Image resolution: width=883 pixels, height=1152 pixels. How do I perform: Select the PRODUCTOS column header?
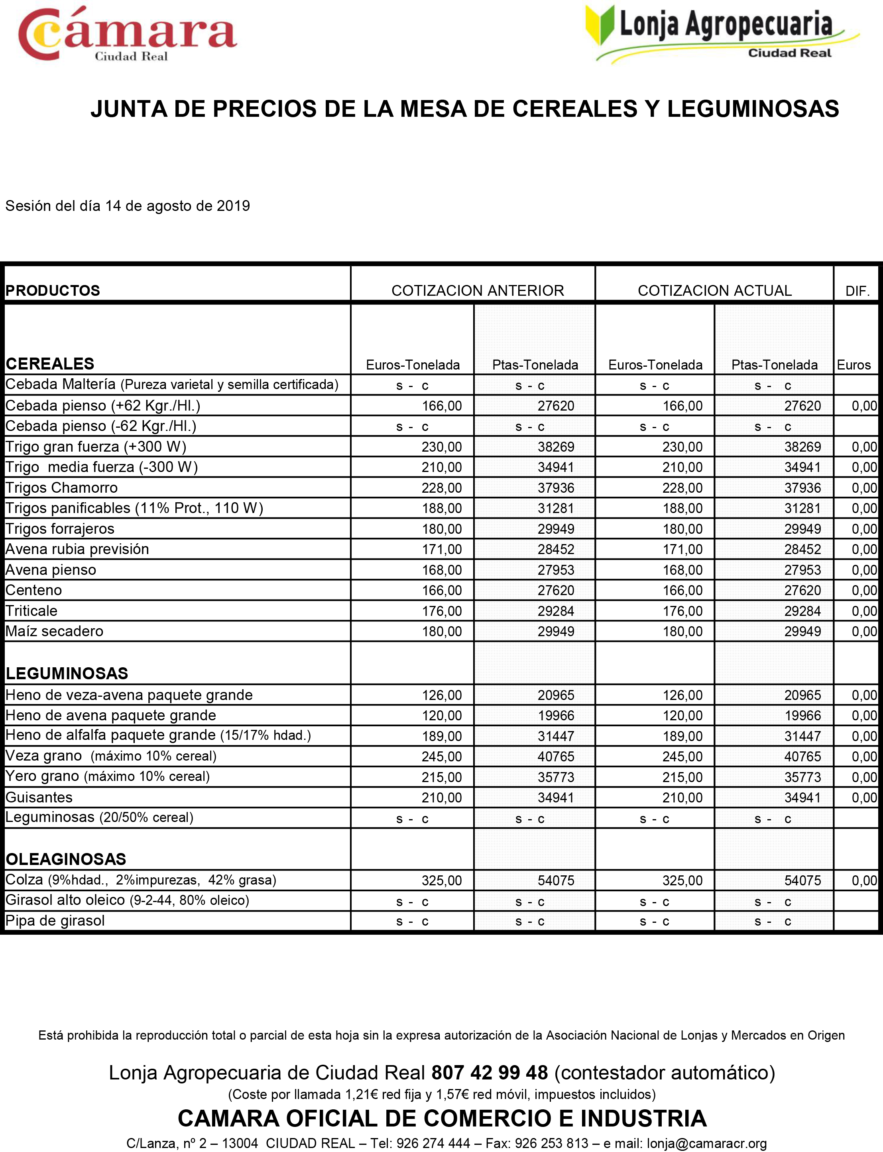coord(53,291)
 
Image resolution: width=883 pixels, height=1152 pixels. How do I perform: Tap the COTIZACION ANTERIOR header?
coord(477,291)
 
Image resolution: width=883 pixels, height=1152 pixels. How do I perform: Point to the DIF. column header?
coord(857,291)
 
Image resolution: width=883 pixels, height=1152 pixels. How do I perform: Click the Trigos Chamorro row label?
coord(61,488)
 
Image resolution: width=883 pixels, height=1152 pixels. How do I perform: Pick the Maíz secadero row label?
coord(54,631)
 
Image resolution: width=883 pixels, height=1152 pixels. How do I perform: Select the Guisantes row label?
coord(39,797)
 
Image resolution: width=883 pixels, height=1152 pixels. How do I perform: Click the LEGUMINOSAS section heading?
coord(67,673)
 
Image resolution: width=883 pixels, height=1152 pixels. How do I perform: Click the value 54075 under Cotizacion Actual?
coord(802,880)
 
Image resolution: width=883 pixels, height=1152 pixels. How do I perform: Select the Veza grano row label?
coord(43,756)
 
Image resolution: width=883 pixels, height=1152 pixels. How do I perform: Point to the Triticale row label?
coord(31,611)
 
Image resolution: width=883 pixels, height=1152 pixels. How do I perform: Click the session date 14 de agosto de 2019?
coord(177,206)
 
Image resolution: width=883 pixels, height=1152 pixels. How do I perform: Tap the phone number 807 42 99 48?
coord(489,1073)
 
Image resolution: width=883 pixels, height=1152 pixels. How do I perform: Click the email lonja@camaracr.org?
coord(706,1144)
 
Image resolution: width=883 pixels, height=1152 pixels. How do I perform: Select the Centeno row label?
coord(33,590)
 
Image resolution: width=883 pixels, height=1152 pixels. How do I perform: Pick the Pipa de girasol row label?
coord(55,921)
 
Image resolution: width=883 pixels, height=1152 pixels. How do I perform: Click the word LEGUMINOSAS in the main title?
coord(753,109)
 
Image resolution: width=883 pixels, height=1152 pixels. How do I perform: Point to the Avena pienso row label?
coord(51,570)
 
